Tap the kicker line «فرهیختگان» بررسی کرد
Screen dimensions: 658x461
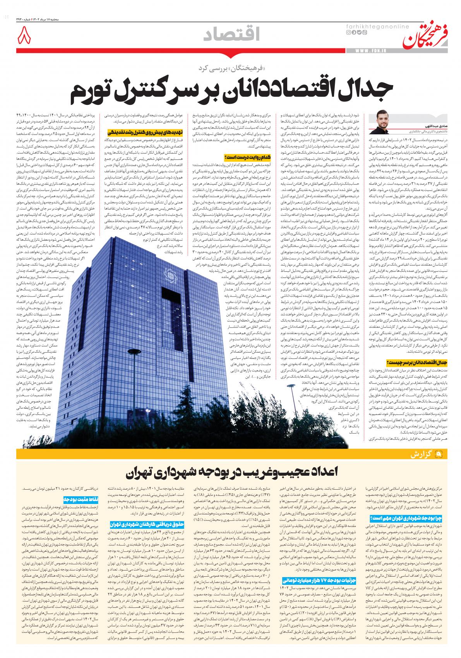[240, 69]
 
